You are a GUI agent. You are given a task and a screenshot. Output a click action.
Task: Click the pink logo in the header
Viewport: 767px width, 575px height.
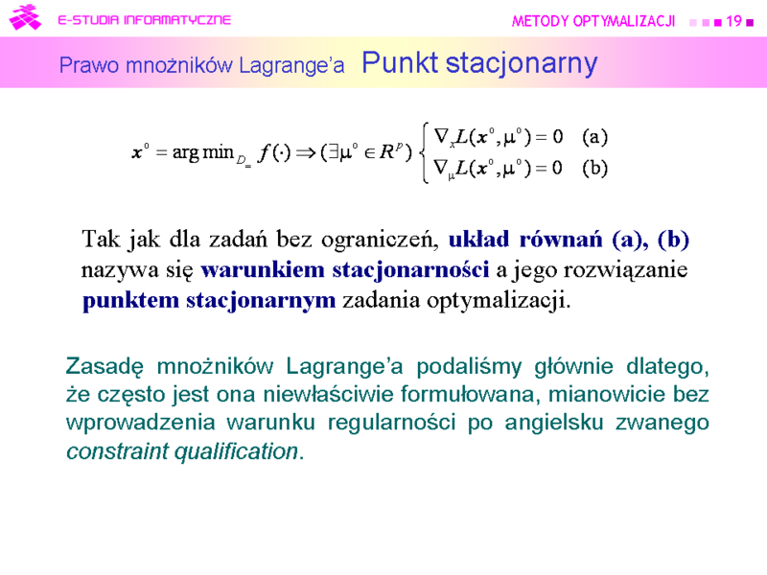(25, 17)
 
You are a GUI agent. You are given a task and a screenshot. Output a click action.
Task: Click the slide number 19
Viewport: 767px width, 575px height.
(733, 21)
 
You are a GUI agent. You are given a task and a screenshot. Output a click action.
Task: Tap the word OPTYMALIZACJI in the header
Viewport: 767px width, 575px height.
(624, 21)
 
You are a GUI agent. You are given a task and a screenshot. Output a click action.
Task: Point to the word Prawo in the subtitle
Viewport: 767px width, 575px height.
(89, 65)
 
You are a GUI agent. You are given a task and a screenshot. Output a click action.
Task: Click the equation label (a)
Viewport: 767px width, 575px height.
(594, 137)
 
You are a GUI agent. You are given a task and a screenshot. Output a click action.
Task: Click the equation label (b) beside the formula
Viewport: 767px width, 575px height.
(594, 169)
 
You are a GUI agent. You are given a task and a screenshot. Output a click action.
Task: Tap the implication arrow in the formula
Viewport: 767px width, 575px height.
(306, 153)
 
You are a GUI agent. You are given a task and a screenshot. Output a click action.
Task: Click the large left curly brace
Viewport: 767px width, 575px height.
(425, 152)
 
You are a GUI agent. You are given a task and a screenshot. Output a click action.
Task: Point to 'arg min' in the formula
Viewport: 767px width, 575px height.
(202, 152)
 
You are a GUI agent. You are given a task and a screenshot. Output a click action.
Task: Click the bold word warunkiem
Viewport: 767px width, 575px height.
(262, 269)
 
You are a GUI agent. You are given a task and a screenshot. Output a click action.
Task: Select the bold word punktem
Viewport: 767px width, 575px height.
(130, 301)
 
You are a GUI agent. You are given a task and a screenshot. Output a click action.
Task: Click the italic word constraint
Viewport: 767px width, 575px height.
(116, 450)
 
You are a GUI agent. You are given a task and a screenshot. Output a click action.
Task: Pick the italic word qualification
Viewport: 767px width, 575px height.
(236, 451)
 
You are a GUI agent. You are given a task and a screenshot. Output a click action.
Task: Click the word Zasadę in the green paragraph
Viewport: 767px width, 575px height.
(105, 367)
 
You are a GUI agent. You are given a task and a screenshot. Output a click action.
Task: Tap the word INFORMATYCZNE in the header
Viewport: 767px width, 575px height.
(177, 19)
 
